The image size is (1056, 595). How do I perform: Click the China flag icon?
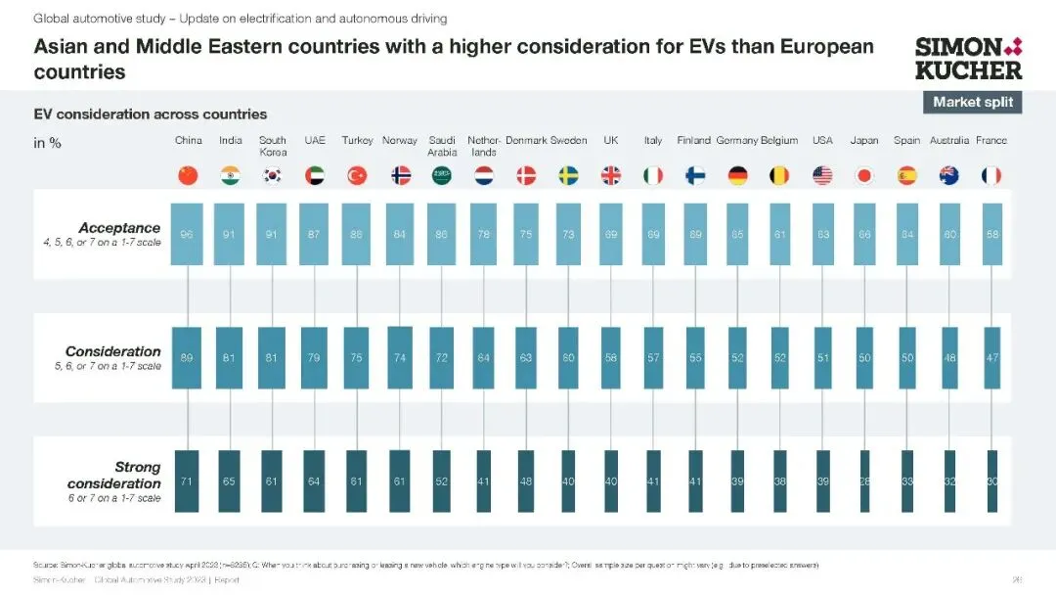(x=188, y=176)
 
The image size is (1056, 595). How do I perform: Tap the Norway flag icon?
(x=400, y=176)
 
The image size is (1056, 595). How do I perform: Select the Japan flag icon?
(x=864, y=176)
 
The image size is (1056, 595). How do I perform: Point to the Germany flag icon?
(x=737, y=176)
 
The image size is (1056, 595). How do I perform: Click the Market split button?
(x=972, y=102)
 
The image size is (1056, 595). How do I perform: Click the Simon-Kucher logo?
(x=968, y=58)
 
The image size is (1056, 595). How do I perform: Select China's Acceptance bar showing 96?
(x=188, y=235)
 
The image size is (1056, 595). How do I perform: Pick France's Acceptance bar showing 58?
(x=991, y=235)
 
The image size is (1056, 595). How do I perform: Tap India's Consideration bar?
(x=231, y=358)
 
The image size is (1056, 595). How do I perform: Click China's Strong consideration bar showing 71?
(x=188, y=481)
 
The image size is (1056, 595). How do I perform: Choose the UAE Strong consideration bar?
(x=315, y=481)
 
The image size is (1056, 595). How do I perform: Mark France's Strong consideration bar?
(x=991, y=481)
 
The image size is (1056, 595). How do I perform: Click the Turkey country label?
(x=357, y=141)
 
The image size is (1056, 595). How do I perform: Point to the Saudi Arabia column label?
(x=442, y=146)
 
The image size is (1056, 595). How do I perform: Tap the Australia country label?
(x=949, y=141)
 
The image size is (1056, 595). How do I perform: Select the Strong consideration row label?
(x=114, y=477)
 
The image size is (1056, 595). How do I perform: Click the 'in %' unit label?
(x=47, y=143)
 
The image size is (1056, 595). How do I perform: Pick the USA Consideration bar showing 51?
(x=822, y=358)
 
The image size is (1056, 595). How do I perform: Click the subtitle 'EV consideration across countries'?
(x=151, y=114)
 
